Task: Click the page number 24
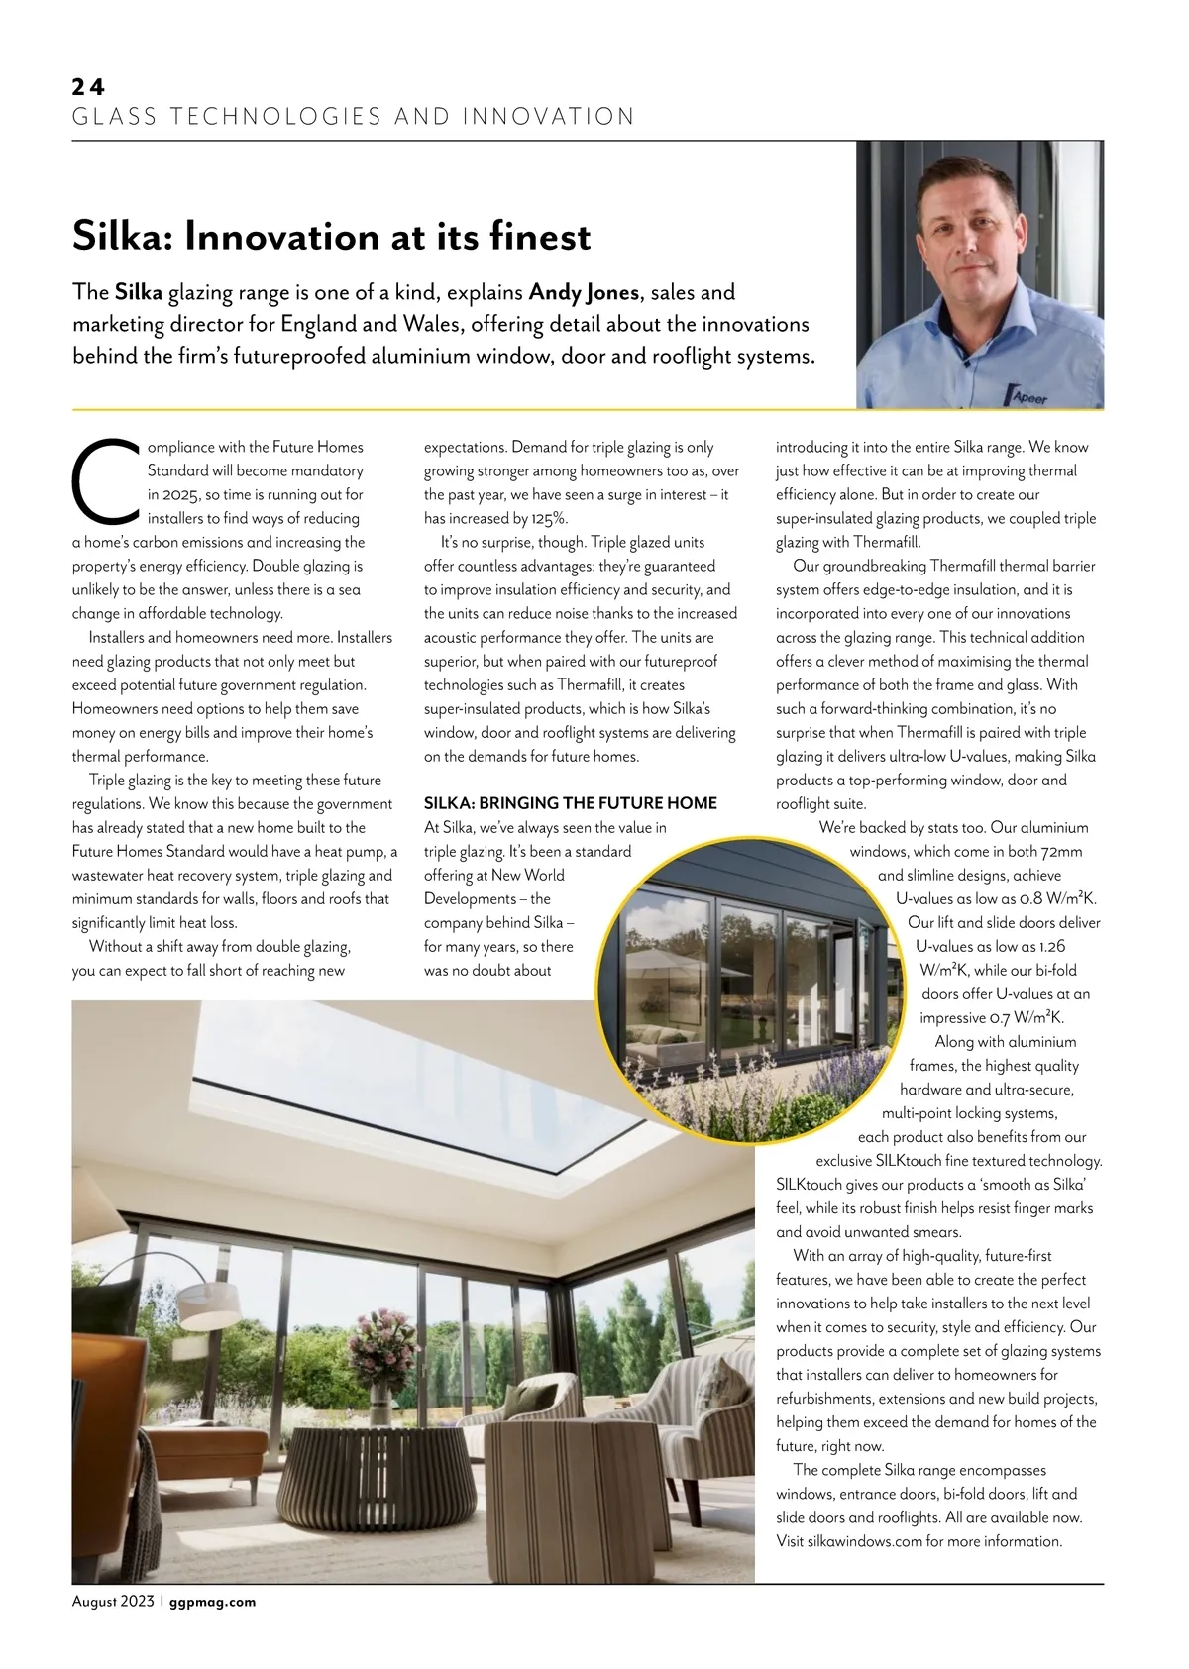[x=88, y=87]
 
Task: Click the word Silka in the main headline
[x=121, y=237]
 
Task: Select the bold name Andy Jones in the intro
[x=584, y=292]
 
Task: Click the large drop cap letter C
[x=106, y=481]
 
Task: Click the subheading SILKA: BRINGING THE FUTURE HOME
[x=570, y=803]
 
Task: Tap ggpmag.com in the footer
[x=212, y=1602]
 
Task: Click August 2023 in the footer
[x=113, y=1602]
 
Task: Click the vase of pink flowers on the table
[x=379, y=1353]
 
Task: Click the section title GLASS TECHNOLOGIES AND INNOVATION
[x=354, y=117]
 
